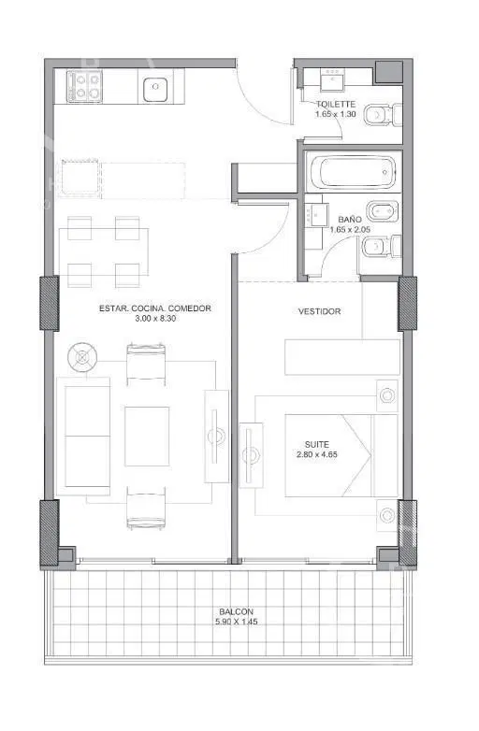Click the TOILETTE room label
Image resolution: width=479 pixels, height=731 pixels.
[x=336, y=104]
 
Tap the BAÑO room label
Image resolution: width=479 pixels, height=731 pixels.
[x=349, y=219]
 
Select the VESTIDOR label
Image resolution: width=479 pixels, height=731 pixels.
[x=319, y=311]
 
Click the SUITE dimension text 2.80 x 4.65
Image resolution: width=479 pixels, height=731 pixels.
[x=317, y=454]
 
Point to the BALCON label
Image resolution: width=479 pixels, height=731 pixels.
[x=237, y=611]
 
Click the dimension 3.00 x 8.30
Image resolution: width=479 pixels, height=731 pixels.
[x=155, y=319]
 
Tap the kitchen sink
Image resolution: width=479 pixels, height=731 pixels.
[x=155, y=90]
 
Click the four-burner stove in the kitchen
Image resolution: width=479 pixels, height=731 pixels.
[x=84, y=86]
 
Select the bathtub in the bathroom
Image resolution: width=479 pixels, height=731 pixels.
[x=353, y=172]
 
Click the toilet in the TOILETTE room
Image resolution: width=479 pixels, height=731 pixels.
[x=383, y=115]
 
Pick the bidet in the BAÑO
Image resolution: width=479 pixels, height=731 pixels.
[x=383, y=211]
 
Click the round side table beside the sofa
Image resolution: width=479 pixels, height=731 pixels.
[x=82, y=357]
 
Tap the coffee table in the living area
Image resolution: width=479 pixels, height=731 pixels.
[x=147, y=437]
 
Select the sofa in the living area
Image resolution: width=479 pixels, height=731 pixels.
[x=83, y=437]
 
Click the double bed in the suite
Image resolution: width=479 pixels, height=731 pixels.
[x=341, y=455]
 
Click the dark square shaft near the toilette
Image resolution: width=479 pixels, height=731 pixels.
[x=389, y=71]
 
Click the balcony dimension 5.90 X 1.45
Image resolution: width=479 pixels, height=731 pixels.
[x=237, y=622]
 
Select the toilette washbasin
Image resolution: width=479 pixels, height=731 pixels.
[x=332, y=79]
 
